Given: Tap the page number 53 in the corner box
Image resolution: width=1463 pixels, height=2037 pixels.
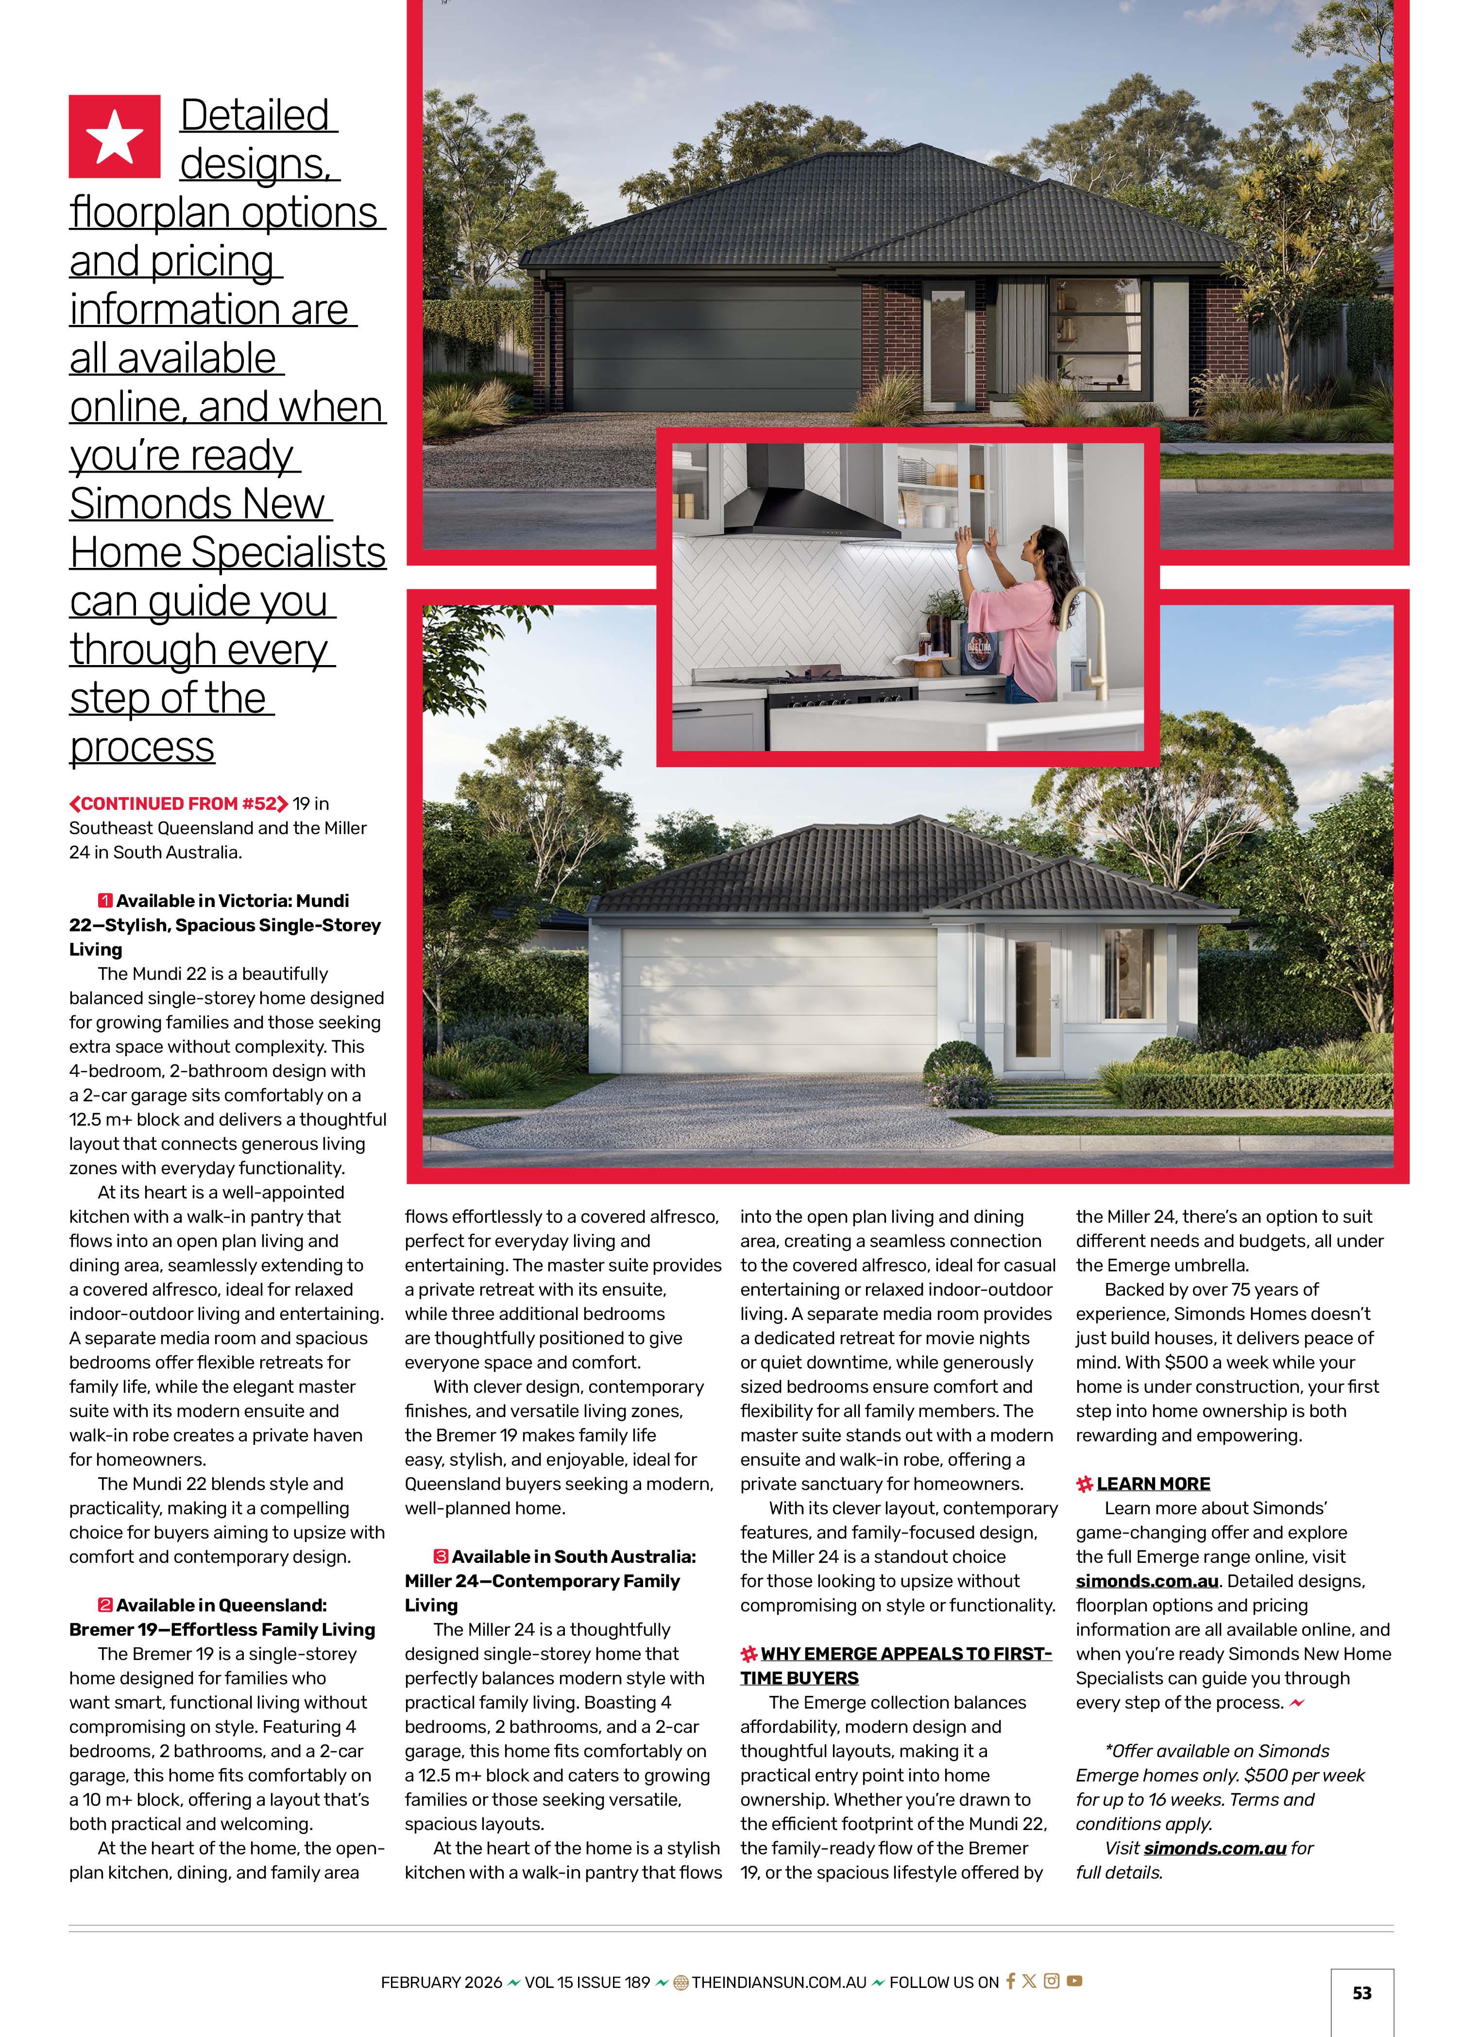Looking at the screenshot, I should (1361, 1993).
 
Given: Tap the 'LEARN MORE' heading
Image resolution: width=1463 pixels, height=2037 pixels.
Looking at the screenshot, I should (1153, 1484).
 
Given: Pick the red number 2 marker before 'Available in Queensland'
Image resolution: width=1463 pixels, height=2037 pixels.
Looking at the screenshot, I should (105, 1605).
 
